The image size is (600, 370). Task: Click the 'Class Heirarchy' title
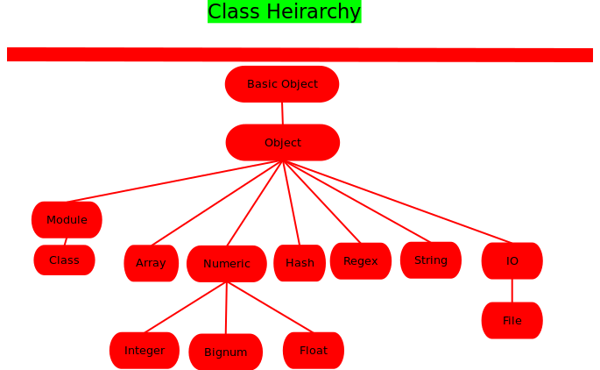point(284,11)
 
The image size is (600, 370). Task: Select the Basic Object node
point(282,84)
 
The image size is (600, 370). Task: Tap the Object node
point(283,143)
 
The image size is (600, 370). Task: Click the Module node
point(67,220)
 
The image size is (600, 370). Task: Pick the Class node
point(64,260)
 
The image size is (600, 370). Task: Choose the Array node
point(151,263)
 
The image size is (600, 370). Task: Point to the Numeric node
point(227,264)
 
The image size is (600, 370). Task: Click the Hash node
point(300,263)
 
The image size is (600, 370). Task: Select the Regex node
point(361,261)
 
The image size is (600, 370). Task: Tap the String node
point(431,260)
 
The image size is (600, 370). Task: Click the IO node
point(512,261)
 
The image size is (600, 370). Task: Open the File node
point(512,321)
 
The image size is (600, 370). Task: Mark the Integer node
point(145,351)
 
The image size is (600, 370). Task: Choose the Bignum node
point(226,352)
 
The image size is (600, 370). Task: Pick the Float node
point(314,351)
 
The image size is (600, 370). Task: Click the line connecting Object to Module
point(175,181)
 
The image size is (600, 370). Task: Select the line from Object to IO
point(399,202)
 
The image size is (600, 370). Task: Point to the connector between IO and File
point(512,291)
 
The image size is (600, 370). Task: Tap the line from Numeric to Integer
point(186,307)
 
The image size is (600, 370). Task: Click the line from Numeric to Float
point(270,307)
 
